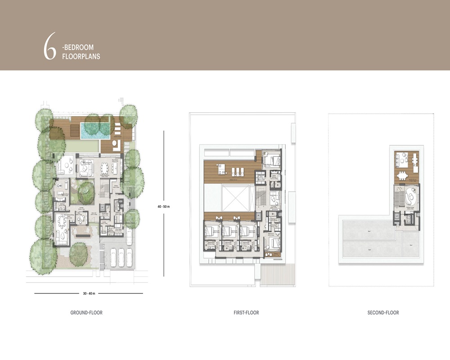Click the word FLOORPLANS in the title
81,57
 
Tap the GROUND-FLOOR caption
86,313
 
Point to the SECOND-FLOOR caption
383,313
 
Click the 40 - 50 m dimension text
164,206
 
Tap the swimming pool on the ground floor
96,130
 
